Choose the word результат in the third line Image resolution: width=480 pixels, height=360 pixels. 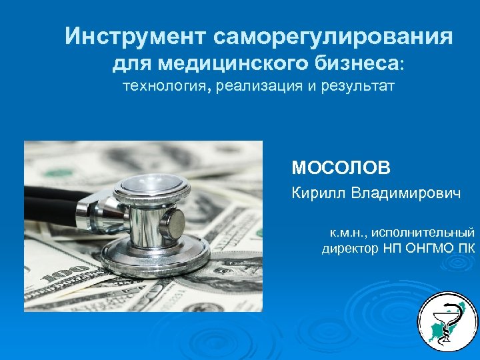tap(357, 87)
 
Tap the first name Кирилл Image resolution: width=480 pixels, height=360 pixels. tap(317, 193)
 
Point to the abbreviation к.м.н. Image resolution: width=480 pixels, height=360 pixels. tap(345, 233)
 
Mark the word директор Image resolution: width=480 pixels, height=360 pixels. tap(350, 250)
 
